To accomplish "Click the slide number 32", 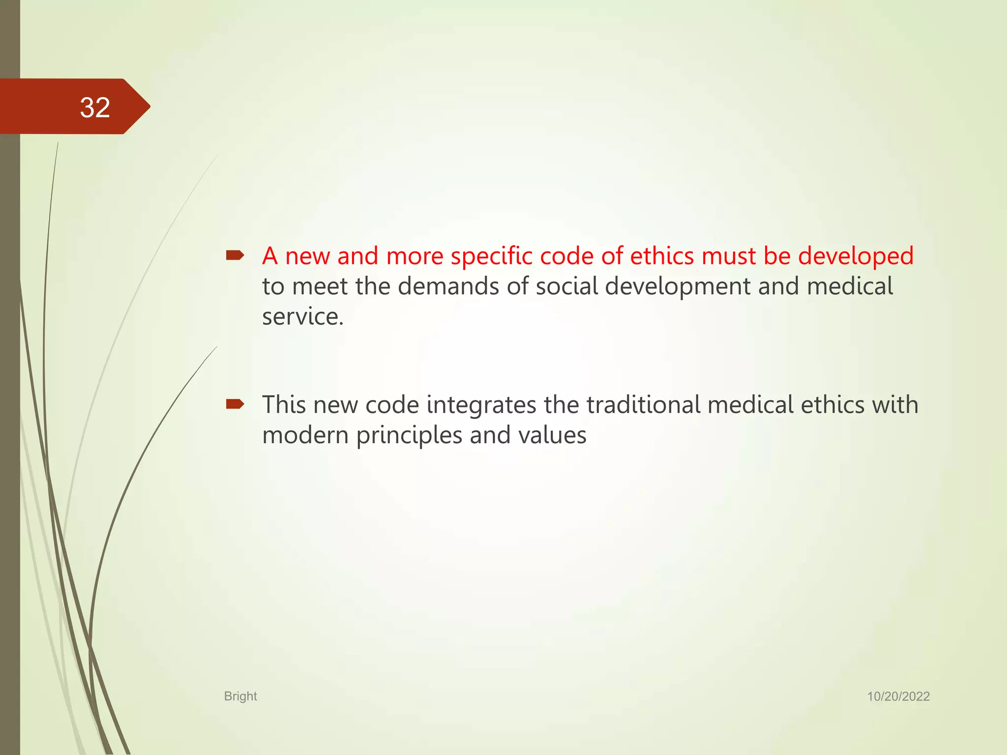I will (x=95, y=107).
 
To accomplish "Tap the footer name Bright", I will (x=240, y=696).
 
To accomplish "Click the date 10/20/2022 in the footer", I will (x=898, y=696).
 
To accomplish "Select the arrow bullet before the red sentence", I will (x=235, y=255).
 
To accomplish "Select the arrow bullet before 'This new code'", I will (x=235, y=404).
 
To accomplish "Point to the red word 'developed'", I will (x=856, y=257).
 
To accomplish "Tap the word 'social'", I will (x=566, y=286).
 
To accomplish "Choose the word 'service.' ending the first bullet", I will (x=302, y=317).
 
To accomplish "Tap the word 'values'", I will (x=552, y=436).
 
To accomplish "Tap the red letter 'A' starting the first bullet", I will (x=270, y=257).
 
